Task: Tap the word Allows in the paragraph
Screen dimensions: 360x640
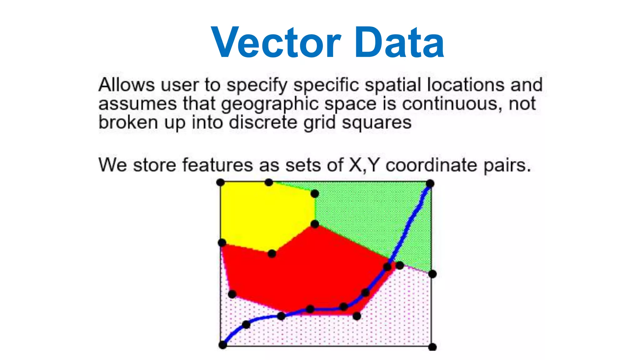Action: click(127, 85)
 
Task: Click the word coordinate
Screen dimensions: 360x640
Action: click(431, 165)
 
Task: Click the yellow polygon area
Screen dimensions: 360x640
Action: click(266, 216)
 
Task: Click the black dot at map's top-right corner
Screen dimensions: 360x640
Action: click(430, 183)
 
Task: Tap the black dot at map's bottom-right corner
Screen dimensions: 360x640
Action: click(432, 347)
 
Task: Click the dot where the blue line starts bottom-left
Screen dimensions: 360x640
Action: click(222, 345)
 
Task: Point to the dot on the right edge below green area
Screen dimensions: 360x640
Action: click(432, 274)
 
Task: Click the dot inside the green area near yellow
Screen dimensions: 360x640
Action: click(315, 194)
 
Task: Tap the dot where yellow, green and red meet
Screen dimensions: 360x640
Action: click(315, 224)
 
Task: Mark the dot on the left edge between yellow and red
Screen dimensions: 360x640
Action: click(222, 242)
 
